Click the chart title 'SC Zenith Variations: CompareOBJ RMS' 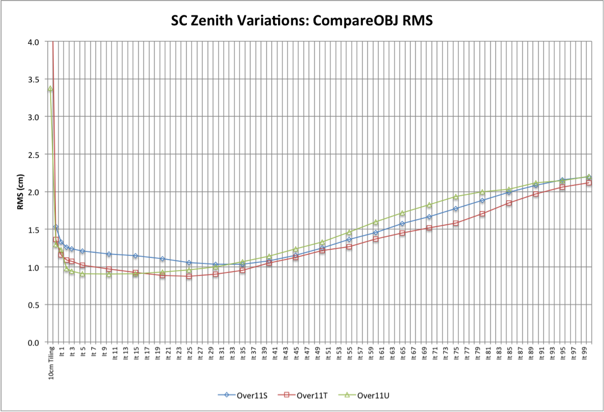point(301,22)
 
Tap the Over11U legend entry point(364,395)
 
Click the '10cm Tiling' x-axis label point(51,362)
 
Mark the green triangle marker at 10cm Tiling point(50,89)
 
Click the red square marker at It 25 point(189,276)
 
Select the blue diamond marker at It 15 point(136,256)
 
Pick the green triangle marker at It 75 point(456,197)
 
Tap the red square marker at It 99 point(588,183)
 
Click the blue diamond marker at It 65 point(402,224)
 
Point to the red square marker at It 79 point(483,214)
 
